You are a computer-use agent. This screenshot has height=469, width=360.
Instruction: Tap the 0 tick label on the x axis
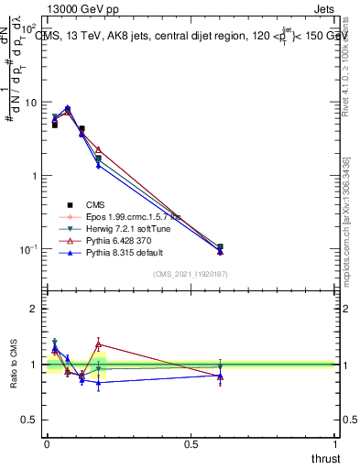click(45, 445)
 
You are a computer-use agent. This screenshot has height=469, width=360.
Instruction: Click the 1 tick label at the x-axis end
click(334, 445)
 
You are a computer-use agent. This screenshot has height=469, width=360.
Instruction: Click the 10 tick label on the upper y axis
click(29, 103)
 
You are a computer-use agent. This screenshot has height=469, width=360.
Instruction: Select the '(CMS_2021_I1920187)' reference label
click(191, 274)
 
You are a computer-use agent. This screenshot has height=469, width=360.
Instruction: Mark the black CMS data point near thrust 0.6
click(220, 247)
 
